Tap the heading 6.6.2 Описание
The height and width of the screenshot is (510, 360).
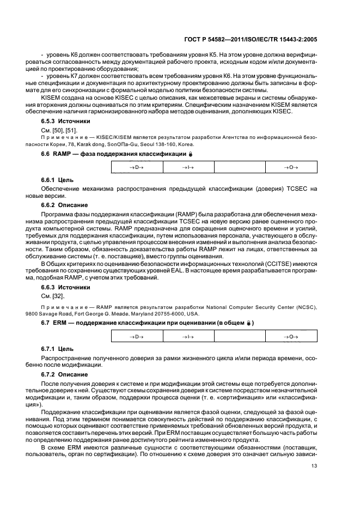click(x=61, y=205)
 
